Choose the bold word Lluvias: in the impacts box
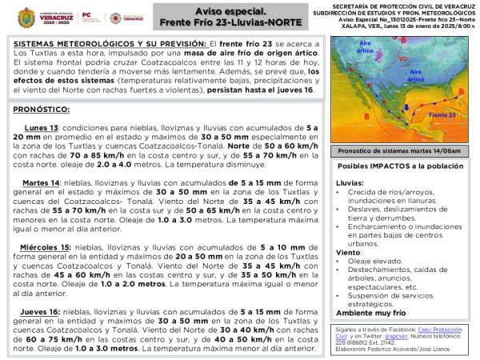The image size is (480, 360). [x=349, y=183]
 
